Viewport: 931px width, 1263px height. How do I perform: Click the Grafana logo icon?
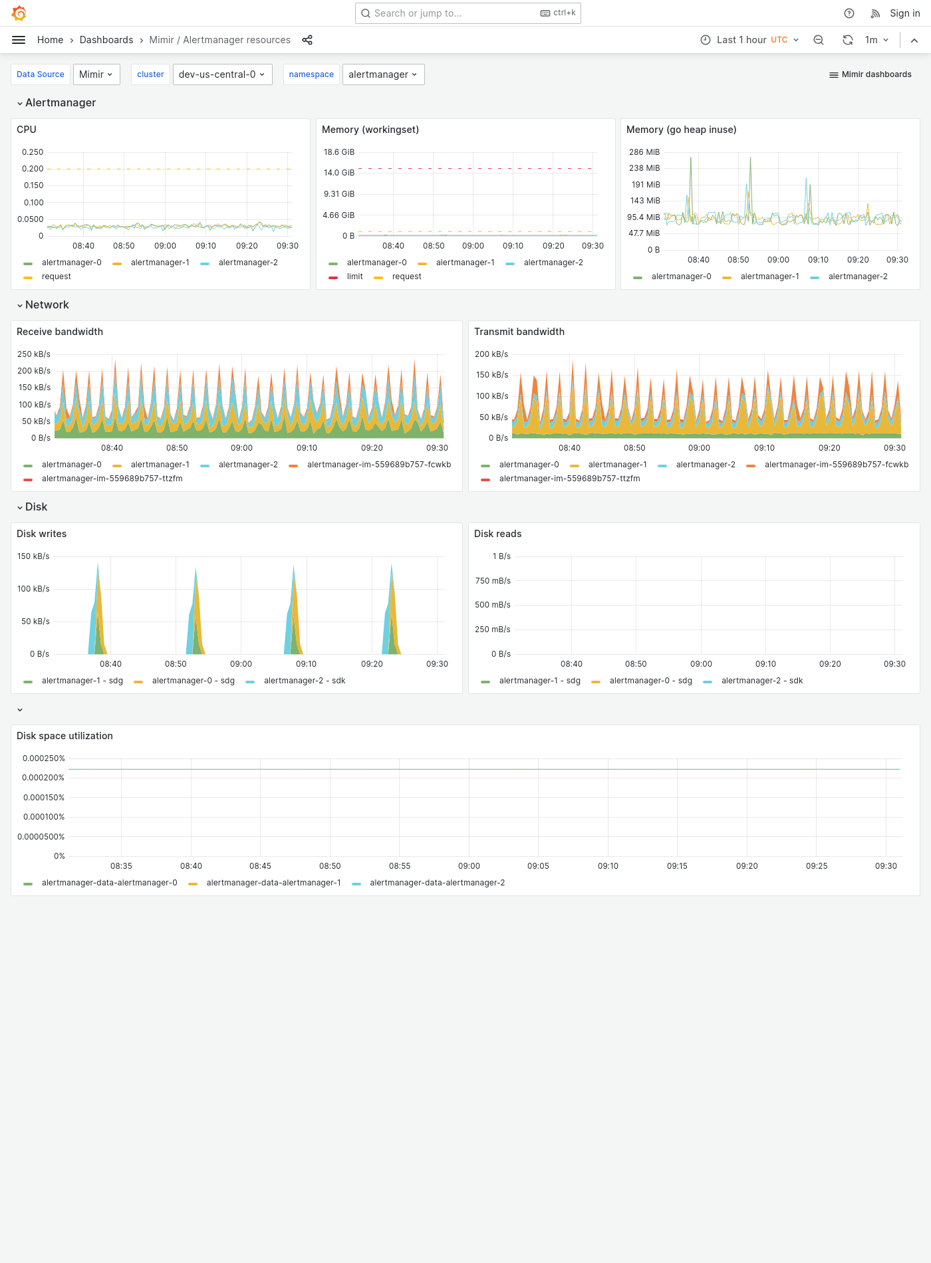[19, 13]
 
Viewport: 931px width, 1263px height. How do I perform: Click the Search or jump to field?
[452, 13]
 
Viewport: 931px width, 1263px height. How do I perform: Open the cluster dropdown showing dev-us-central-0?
[221, 74]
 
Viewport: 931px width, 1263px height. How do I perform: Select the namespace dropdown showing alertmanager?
[383, 74]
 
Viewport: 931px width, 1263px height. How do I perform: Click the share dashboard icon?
[307, 40]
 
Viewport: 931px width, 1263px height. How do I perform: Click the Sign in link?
[904, 13]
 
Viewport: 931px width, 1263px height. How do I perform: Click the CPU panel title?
[27, 130]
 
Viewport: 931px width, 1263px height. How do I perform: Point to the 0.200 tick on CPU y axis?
[33, 169]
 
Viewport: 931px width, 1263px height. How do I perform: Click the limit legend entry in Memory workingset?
[354, 277]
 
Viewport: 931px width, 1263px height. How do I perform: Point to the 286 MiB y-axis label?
[644, 152]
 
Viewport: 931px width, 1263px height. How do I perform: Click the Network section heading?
[47, 304]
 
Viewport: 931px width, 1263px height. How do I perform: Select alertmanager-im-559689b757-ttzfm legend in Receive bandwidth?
[112, 479]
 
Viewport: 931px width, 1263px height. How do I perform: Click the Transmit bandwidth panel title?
[519, 332]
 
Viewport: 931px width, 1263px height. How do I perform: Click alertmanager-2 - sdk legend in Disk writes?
[304, 681]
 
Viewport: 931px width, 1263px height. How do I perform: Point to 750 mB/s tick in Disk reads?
[493, 581]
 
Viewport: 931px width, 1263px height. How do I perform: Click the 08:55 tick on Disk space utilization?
[399, 866]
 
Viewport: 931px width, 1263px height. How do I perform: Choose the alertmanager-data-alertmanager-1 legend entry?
[273, 883]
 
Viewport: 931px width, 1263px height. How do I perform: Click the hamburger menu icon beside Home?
[19, 40]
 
